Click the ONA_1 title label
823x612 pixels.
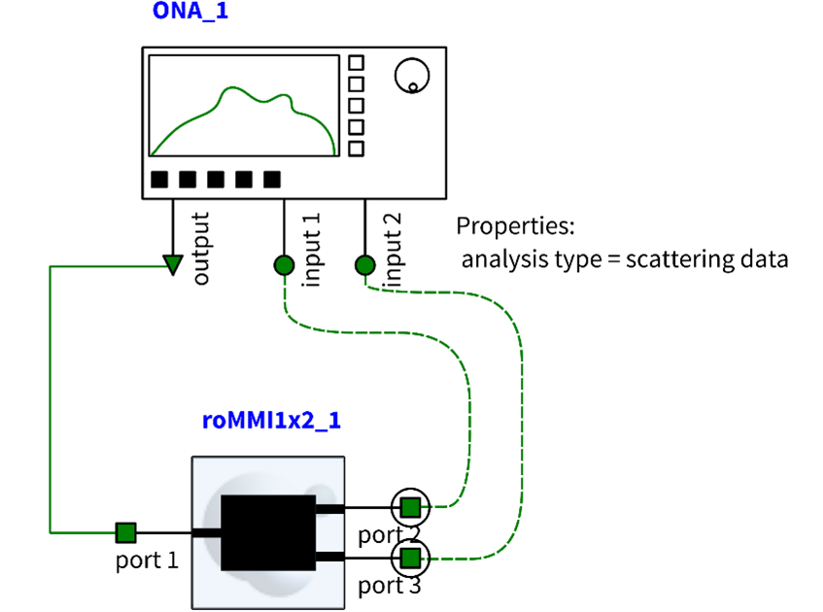[190, 11]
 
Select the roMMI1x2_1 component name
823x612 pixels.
[271, 421]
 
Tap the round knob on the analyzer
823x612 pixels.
[412, 76]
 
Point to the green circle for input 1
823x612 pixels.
[284, 265]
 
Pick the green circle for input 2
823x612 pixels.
[365, 265]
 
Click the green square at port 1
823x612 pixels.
[126, 532]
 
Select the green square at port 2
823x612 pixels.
[410, 507]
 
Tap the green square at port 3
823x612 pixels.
[410, 558]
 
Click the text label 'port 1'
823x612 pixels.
[147, 561]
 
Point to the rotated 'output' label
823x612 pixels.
[200, 249]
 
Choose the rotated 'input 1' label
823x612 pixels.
[311, 250]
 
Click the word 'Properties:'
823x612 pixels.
[515, 226]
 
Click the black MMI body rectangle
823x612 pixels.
[268, 532]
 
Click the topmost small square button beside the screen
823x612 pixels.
[357, 62]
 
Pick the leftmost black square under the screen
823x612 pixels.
[159, 180]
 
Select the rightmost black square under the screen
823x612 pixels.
[272, 180]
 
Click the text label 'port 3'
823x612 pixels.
[390, 586]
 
